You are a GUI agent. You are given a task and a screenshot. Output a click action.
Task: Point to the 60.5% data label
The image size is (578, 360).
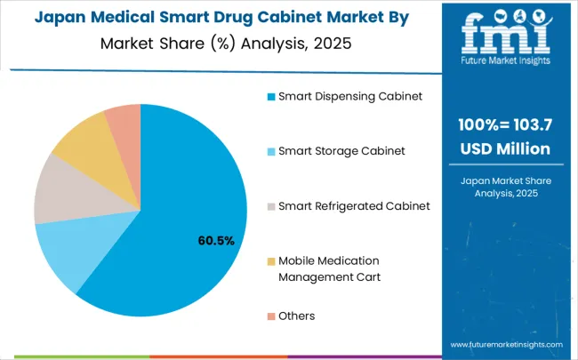(x=215, y=241)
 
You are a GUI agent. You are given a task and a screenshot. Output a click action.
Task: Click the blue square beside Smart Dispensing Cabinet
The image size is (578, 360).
(x=270, y=96)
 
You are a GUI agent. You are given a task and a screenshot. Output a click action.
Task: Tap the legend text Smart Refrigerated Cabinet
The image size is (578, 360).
(x=354, y=205)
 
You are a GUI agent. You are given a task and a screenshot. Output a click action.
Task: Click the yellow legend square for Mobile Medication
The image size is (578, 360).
(x=270, y=260)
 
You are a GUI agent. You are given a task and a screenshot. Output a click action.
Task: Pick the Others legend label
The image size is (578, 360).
(x=296, y=316)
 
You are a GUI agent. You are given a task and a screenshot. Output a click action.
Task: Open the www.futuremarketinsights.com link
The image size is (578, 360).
(x=506, y=344)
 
